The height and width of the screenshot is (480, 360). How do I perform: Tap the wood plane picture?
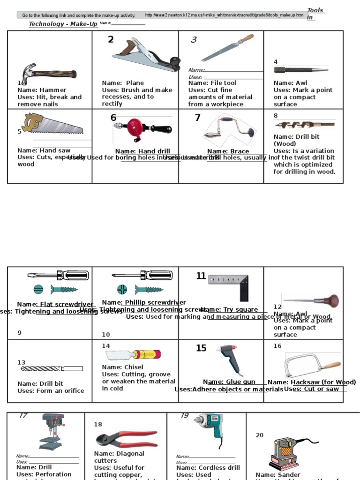[x=146, y=56]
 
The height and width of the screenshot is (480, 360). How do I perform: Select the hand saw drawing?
[x=52, y=124]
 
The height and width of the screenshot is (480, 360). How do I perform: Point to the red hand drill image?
[x=142, y=128]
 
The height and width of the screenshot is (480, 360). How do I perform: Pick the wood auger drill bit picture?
[x=305, y=125]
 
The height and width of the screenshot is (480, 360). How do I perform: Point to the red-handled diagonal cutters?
[x=127, y=439]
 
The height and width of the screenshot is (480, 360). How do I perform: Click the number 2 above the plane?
[x=111, y=39]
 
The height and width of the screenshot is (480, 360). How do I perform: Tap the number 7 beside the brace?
[x=197, y=118]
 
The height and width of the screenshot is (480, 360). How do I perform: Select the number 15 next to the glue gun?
[x=201, y=348]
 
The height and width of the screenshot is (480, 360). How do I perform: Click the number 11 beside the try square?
[x=201, y=276]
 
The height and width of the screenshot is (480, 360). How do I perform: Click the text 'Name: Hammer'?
[x=42, y=90]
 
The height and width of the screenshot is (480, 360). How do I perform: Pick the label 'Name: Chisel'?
[x=123, y=367]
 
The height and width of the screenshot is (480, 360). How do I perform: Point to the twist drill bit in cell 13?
[x=52, y=369]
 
